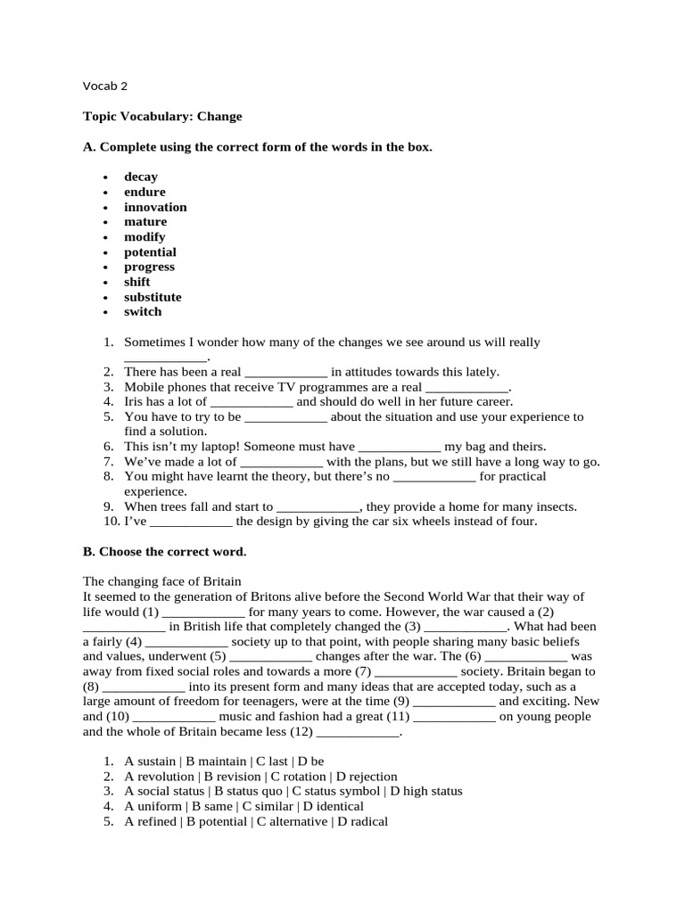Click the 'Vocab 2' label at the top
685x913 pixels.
pos(105,86)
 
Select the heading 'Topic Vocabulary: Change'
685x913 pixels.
pos(162,116)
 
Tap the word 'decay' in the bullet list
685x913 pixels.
pos(141,177)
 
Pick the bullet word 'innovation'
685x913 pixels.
pos(155,207)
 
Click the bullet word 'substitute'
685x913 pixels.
pos(153,297)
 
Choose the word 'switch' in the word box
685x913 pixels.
pos(143,311)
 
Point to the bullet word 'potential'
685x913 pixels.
pos(150,252)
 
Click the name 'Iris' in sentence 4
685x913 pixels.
pos(136,401)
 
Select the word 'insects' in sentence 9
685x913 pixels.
pos(553,506)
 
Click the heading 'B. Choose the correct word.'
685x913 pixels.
pos(164,552)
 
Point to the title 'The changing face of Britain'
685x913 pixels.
pos(162,581)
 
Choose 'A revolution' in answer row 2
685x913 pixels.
pos(161,776)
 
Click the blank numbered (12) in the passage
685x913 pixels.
pos(358,732)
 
